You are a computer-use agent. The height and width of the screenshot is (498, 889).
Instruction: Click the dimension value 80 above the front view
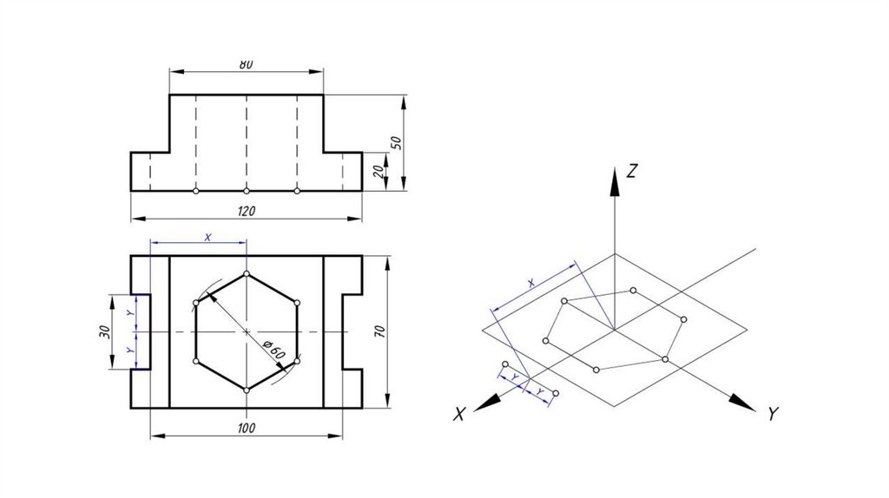pos(246,64)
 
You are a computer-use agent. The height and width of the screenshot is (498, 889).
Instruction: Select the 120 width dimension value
pos(246,212)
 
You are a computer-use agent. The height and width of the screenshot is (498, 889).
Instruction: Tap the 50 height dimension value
pos(397,142)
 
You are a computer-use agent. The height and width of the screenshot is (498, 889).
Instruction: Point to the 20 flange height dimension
pos(379,171)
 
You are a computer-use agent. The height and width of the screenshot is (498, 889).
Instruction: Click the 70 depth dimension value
pos(380,331)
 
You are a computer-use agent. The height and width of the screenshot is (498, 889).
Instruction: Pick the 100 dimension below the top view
pos(246,429)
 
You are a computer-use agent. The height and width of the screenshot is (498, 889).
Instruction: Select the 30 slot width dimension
pos(104,332)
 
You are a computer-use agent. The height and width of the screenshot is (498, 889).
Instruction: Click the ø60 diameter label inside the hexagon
pos(275,352)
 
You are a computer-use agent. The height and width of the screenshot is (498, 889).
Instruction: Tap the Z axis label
pos(632,171)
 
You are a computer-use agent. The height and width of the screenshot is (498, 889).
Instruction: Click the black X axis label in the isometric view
pos(459,414)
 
